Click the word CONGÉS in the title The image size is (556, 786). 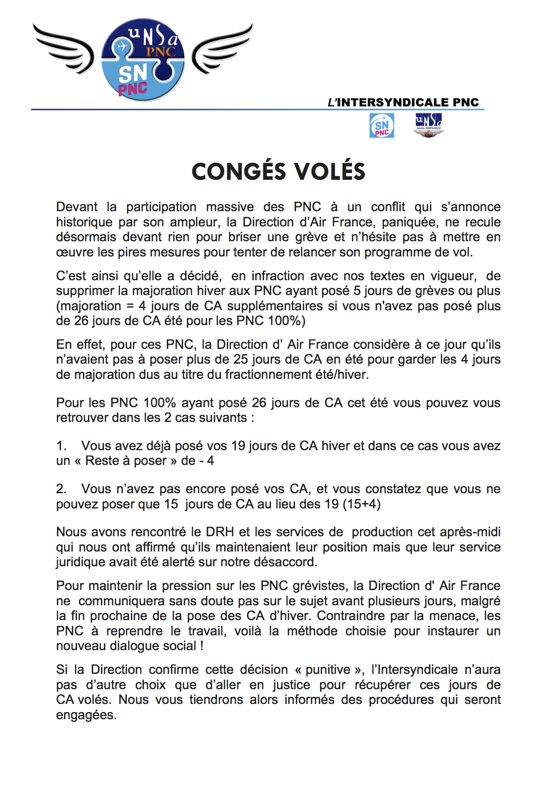pyautogui.click(x=239, y=172)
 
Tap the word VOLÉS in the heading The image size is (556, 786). pyautogui.click(x=330, y=172)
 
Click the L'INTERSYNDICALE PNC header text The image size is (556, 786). pyautogui.click(x=403, y=102)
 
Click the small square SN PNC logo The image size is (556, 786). pyautogui.click(x=382, y=126)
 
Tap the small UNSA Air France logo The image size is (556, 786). pyautogui.click(x=428, y=126)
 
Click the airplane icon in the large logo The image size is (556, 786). pyautogui.click(x=121, y=46)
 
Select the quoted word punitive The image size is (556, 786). pyautogui.click(x=328, y=669)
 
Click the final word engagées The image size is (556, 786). pyautogui.click(x=86, y=715)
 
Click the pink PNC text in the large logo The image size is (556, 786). pyautogui.click(x=133, y=89)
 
